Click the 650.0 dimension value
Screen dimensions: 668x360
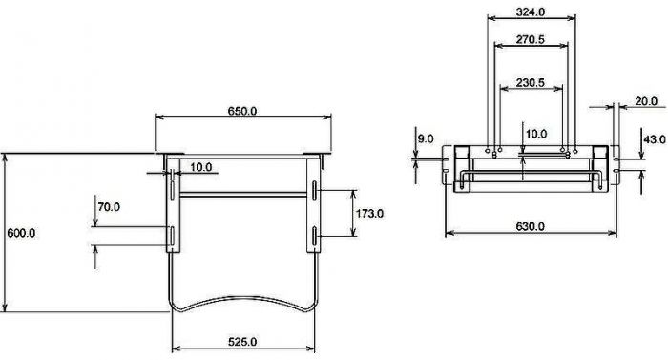point(242,111)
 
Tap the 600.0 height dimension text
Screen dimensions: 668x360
point(21,233)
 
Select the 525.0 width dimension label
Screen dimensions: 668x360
point(242,342)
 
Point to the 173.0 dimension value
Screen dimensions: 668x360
point(369,213)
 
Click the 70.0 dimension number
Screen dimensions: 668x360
point(109,207)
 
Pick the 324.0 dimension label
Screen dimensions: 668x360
point(531,12)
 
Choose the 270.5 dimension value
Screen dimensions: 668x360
point(531,39)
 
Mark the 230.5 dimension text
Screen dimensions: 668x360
point(531,82)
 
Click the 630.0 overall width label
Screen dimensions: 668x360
point(531,226)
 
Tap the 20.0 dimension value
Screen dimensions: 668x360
point(646,101)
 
